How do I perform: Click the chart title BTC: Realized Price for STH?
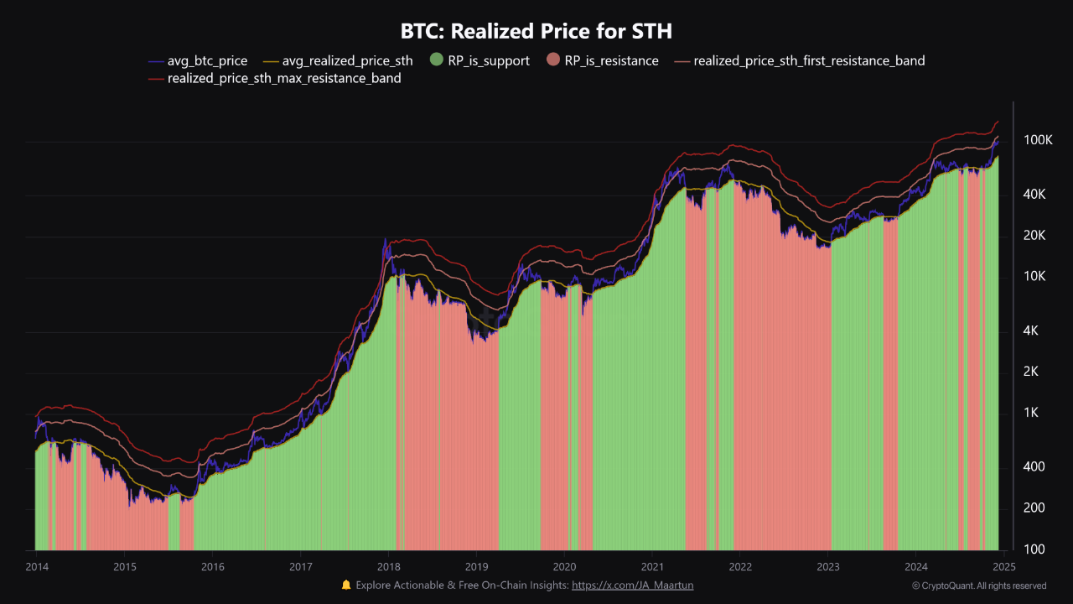click(536, 31)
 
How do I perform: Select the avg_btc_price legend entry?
click(198, 61)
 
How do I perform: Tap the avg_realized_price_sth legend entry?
click(338, 61)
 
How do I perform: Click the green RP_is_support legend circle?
click(437, 60)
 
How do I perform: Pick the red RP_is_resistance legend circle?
click(553, 60)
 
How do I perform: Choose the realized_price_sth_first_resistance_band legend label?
click(809, 61)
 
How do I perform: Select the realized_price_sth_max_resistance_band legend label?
click(284, 78)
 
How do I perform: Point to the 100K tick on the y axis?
click(1038, 140)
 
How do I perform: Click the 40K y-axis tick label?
click(1034, 194)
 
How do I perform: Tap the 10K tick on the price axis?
click(1034, 276)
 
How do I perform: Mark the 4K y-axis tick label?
click(1030, 331)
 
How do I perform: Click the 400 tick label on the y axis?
click(1034, 466)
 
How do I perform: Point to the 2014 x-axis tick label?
click(37, 566)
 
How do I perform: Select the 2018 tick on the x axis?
click(388, 566)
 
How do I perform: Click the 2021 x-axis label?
click(652, 566)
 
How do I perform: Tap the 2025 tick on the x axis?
click(1004, 566)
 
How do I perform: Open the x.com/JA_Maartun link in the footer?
click(632, 586)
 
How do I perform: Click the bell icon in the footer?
click(346, 585)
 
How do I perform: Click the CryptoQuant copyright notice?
click(979, 586)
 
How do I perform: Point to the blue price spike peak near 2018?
click(385, 239)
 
